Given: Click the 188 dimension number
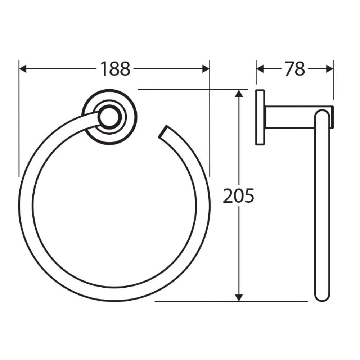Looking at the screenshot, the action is tap(115, 69).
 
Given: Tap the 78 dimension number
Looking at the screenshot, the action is tap(295, 69).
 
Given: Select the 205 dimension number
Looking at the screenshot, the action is tap(239, 195).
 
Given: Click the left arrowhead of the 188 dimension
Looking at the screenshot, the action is tap(23, 69).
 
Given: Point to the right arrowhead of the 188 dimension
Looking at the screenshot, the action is tap(206, 69).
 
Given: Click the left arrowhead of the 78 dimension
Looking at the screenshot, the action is tap(260, 69).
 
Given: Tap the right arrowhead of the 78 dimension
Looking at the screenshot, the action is tap(329, 69).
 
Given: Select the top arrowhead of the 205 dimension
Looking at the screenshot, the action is tap(239, 94).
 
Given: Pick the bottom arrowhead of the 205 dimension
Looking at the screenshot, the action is tap(239, 297).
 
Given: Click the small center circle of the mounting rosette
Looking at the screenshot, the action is tap(109, 117).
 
